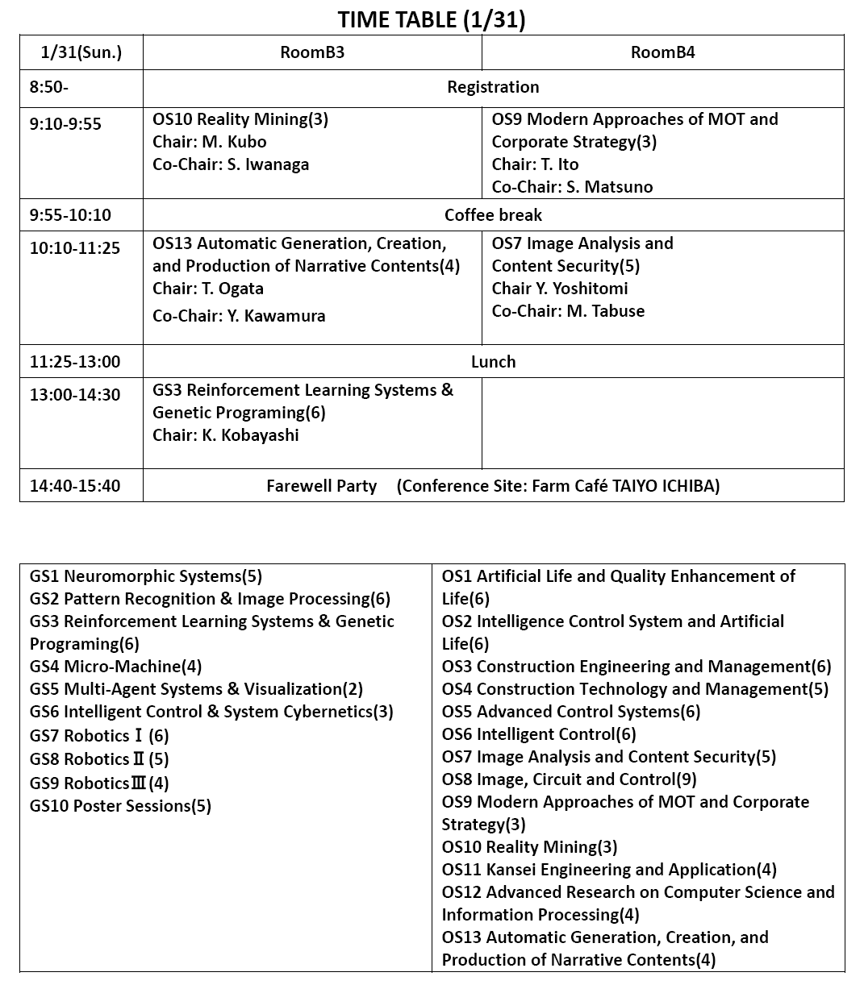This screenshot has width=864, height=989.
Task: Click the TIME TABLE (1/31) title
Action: tap(431, 19)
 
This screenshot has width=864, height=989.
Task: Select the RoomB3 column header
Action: tap(312, 52)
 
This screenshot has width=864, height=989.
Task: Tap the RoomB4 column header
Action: tap(662, 52)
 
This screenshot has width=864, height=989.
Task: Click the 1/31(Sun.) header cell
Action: tap(81, 52)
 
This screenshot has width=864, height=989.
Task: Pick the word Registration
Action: tap(493, 87)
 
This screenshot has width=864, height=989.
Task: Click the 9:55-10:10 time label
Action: tap(70, 215)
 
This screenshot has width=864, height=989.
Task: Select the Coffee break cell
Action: tap(493, 215)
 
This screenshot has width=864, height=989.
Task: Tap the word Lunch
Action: tap(493, 361)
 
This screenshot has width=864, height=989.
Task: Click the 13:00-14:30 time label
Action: tap(75, 395)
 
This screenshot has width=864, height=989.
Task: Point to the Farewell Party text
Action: tap(321, 486)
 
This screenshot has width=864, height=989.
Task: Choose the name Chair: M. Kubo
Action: tap(209, 142)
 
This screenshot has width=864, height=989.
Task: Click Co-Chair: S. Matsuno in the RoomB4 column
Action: tap(572, 187)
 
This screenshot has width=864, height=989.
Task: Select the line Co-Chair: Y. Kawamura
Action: tap(239, 316)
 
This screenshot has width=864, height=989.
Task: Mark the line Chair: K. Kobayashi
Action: tap(225, 435)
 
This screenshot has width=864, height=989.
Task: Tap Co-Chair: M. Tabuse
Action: tap(568, 311)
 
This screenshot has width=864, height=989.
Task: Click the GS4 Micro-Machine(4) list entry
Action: tap(115, 667)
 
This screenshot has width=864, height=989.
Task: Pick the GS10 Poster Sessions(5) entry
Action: tap(120, 806)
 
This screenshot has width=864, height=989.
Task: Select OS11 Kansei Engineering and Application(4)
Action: tap(609, 870)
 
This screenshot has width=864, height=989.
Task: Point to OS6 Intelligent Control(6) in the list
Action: tap(539, 734)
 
